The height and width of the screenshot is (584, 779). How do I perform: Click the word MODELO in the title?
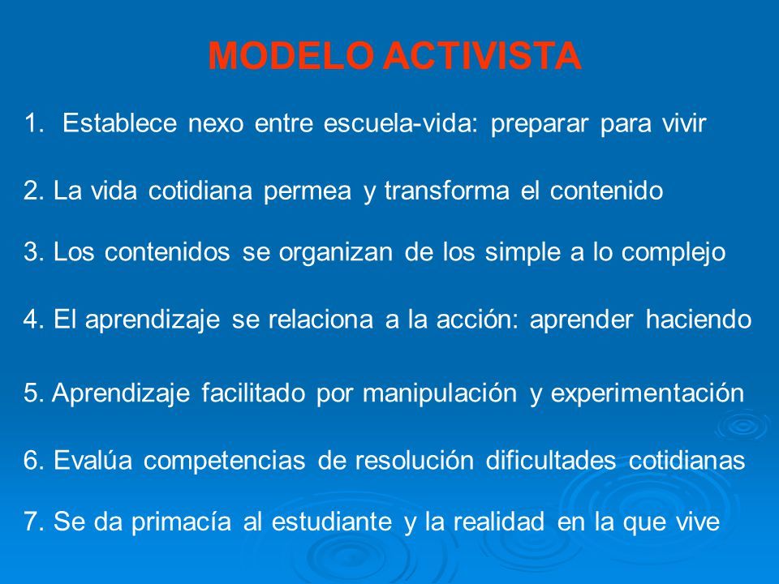tap(291, 55)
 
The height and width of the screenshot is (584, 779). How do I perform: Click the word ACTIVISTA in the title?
tap(482, 55)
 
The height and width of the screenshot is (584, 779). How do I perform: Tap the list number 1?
tap(34, 123)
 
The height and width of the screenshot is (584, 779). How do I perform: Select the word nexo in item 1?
tap(216, 124)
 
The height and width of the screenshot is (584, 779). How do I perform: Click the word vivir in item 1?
tap(683, 123)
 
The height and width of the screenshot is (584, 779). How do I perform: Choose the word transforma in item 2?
tap(446, 191)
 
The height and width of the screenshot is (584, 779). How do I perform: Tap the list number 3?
tap(34, 251)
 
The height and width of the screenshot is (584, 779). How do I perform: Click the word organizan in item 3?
tap(335, 253)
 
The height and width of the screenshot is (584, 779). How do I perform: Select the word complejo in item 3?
tap(674, 253)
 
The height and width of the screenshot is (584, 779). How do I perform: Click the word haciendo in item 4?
tap(699, 319)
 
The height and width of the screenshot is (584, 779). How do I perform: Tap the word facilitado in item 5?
tap(253, 393)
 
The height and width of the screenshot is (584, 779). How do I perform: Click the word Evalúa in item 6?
tap(93, 460)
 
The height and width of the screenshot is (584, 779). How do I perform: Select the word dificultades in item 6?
tap(551, 460)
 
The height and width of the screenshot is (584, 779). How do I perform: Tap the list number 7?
tap(34, 522)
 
